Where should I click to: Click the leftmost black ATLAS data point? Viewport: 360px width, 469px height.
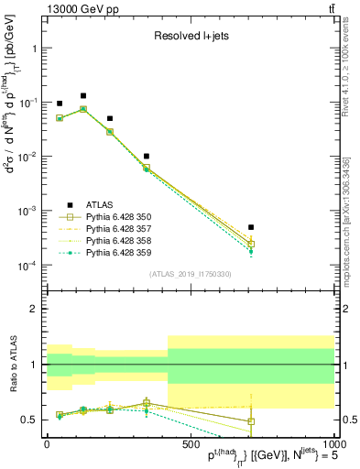(x=60, y=104)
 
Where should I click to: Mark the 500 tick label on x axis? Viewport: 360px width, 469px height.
(x=191, y=443)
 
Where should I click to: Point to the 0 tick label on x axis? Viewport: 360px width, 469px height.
(x=47, y=443)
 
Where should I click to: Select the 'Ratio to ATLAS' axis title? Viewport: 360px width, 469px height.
(x=12, y=364)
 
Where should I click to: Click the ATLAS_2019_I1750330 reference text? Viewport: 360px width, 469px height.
(x=190, y=274)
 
